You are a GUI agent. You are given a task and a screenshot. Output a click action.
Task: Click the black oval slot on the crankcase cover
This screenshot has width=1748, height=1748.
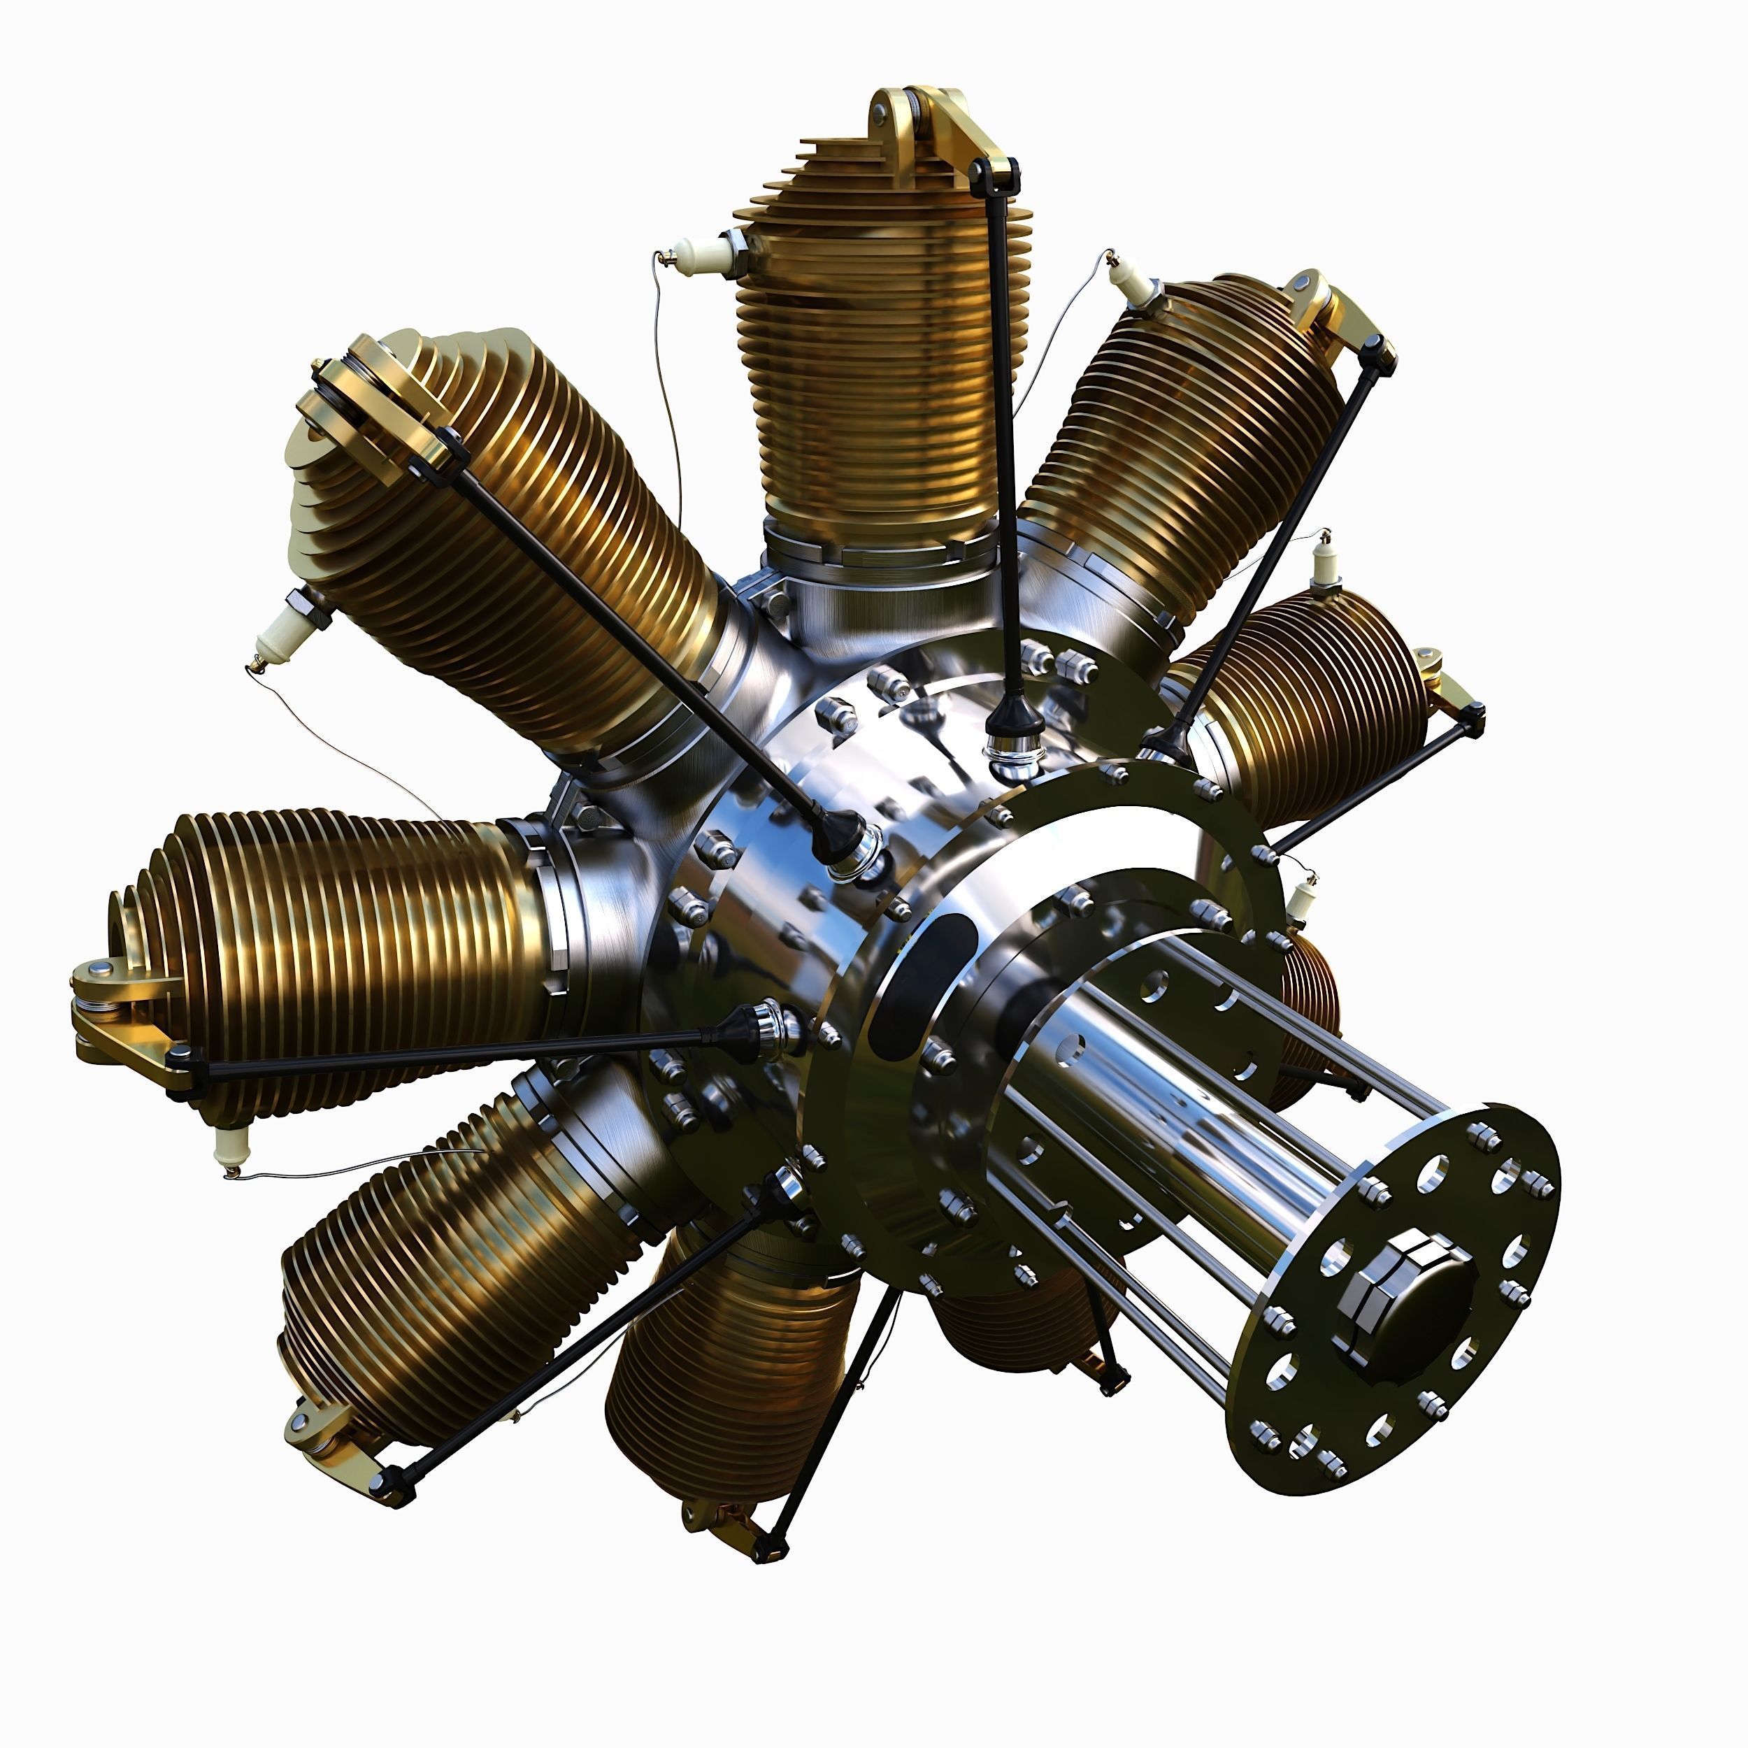914,986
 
